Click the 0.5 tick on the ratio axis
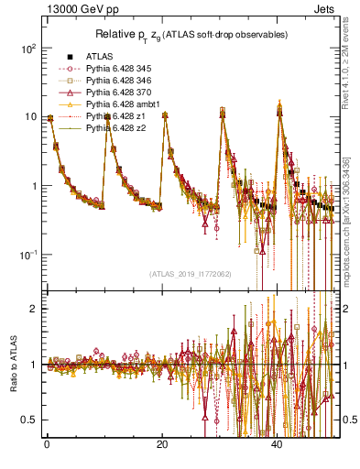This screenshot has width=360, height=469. (x=27, y=420)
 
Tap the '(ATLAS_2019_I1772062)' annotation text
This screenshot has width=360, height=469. (x=190, y=274)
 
